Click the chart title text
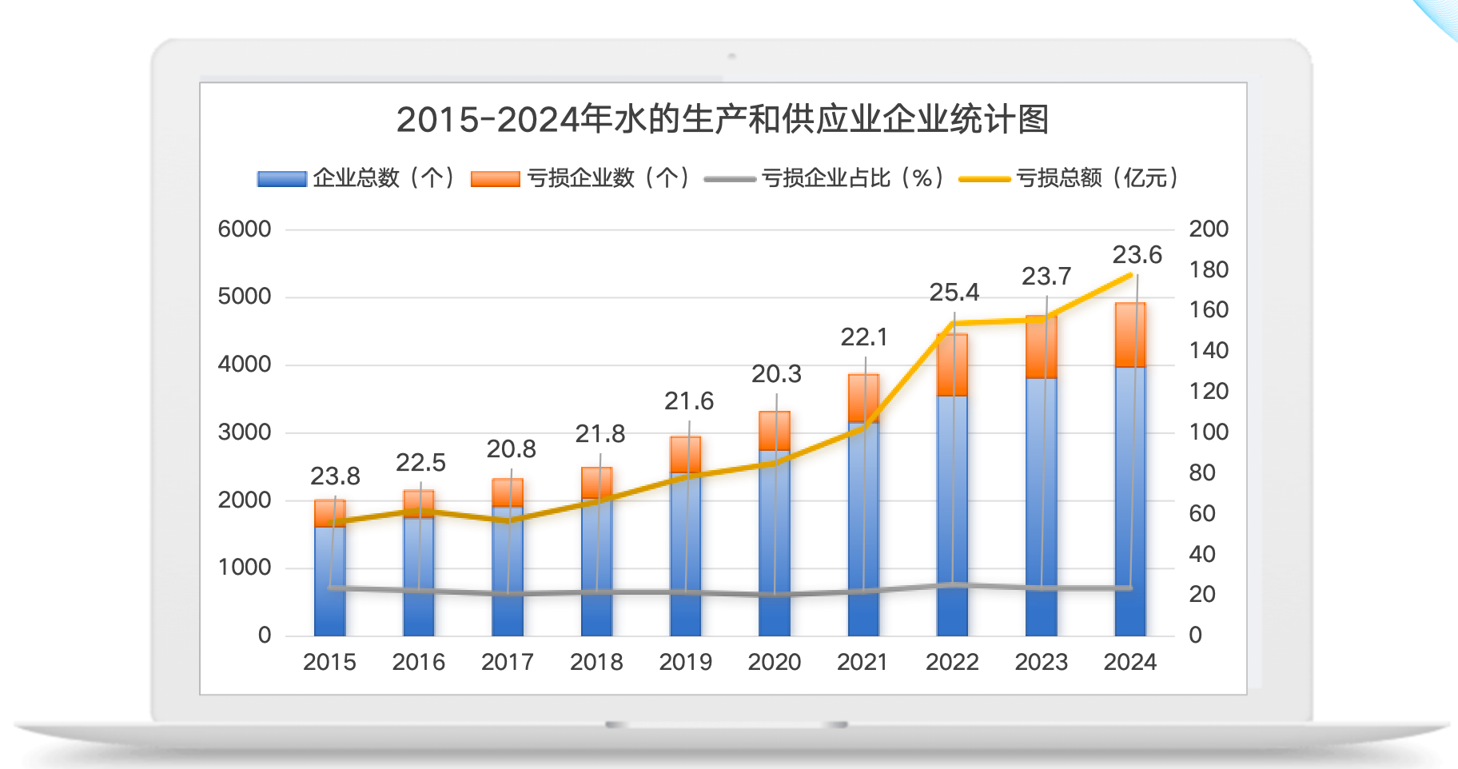tap(722, 120)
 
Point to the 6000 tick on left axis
tap(245, 229)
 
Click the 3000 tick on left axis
tap(245, 432)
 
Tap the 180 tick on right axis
tap(1208, 270)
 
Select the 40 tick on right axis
tap(1201, 554)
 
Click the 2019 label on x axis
tap(685, 662)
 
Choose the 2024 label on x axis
tap(1129, 662)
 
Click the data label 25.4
tap(954, 293)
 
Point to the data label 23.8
tap(335, 476)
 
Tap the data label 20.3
tap(776, 374)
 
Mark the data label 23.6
tap(1137, 255)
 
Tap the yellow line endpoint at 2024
tap(1131, 275)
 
